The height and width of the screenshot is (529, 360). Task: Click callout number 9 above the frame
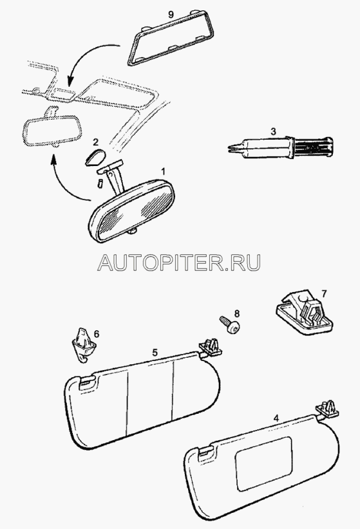point(171,14)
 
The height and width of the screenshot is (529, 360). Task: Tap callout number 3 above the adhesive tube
point(273,131)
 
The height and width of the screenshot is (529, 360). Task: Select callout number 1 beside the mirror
point(163,172)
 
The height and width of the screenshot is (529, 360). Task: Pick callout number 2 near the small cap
point(95,142)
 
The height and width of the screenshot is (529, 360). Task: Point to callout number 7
point(324,293)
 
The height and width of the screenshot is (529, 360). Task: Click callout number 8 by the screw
point(237,314)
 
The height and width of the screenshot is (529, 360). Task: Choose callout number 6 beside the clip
point(97,334)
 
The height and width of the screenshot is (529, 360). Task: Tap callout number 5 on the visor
point(155,353)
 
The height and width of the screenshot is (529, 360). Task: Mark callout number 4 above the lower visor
point(276,418)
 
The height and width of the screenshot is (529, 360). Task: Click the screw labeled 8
point(230,324)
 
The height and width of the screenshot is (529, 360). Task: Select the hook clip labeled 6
point(84,345)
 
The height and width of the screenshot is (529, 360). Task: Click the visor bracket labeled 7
point(303,312)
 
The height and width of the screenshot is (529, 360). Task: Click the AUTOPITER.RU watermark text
point(179,262)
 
